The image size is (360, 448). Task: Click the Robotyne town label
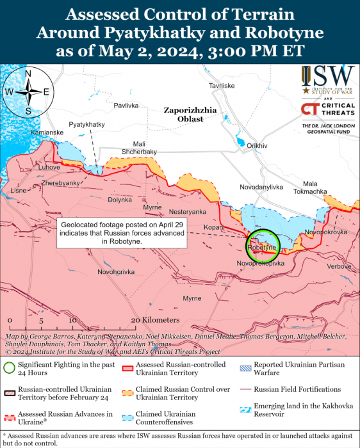click(262, 247)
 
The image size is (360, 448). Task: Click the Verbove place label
click(339, 266)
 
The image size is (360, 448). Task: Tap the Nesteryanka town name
click(188, 211)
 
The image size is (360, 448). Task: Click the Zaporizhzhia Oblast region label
click(191, 114)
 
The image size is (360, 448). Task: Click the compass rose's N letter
click(28, 74)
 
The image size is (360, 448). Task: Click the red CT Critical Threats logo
click(311, 110)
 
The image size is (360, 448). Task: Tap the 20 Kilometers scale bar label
click(155, 319)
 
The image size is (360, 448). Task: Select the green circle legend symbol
click(9, 368)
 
